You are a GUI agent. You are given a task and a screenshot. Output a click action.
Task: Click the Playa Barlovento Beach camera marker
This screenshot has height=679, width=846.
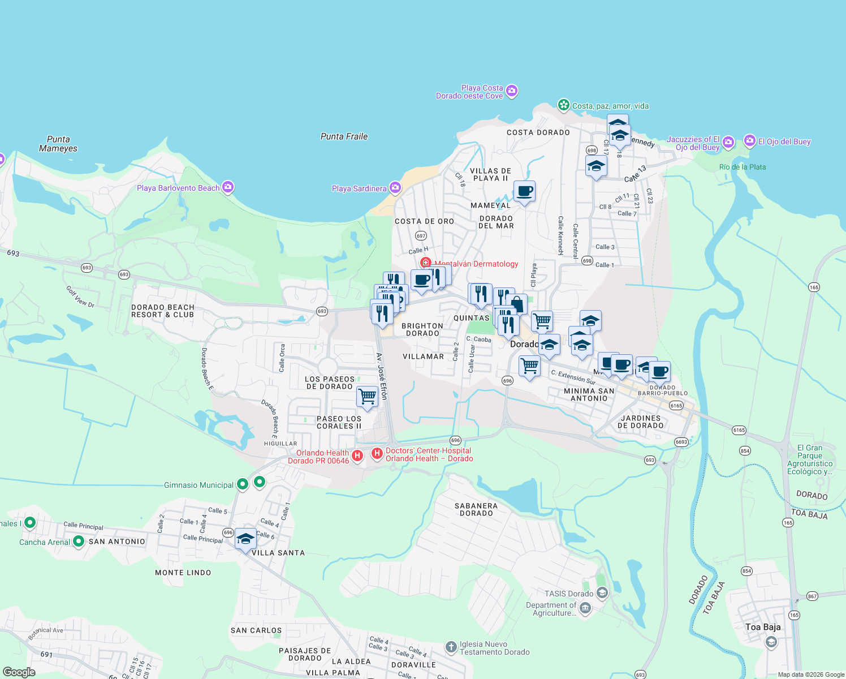point(228,187)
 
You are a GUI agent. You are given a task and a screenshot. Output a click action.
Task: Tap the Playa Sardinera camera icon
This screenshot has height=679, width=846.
point(395,188)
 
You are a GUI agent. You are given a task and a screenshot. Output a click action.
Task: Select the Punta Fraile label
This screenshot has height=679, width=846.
point(344,136)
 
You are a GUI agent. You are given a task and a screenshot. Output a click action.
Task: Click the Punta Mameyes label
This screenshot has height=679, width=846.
point(58,144)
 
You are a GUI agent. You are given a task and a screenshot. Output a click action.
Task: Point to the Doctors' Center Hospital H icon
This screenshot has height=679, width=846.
point(377,454)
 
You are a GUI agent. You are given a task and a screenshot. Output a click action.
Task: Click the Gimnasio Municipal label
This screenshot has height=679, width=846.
point(198,485)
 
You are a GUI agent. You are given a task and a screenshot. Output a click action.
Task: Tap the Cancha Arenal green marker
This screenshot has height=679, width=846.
point(79,542)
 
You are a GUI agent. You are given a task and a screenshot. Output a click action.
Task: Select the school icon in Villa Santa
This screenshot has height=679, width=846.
point(245,539)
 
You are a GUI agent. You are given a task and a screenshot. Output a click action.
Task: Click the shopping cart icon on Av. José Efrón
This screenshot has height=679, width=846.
point(367,396)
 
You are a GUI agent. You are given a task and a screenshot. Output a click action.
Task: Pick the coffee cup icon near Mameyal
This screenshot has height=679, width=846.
point(524,191)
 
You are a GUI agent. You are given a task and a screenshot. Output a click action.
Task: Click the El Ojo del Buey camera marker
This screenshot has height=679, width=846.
point(750,140)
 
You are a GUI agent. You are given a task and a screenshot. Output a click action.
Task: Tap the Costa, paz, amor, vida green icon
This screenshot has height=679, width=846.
point(563,105)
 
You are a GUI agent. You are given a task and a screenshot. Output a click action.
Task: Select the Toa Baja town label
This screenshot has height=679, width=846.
point(763,627)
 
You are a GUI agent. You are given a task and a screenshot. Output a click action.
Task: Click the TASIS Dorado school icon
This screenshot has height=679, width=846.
point(602,593)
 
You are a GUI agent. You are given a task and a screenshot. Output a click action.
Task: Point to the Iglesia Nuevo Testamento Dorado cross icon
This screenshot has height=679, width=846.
point(451,647)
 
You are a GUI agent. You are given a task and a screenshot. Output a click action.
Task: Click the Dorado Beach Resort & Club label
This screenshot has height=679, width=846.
point(163,311)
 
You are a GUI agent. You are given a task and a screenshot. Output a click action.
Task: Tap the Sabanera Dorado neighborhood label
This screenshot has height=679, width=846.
point(476,509)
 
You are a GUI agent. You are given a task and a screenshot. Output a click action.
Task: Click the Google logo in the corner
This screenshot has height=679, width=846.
point(19,672)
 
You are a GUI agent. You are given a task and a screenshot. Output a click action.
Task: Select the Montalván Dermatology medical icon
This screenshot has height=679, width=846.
point(426,263)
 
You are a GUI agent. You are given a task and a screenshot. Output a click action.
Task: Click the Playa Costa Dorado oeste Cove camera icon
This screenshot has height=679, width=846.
point(512,91)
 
